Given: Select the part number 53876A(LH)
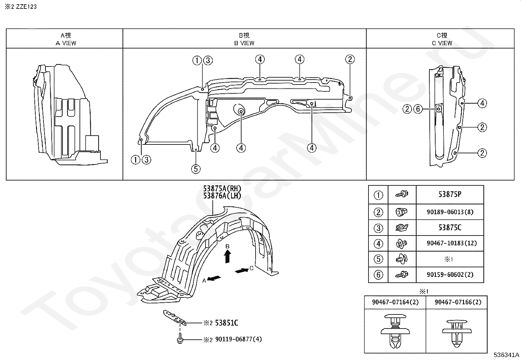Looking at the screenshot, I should pyautogui.click(x=222, y=196).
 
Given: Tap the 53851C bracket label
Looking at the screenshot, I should pyautogui.click(x=226, y=323).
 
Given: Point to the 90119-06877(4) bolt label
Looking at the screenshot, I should pyautogui.click(x=239, y=339).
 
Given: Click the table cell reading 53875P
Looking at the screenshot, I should pyautogui.click(x=450, y=194).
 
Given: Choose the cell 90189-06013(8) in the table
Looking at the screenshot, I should pyautogui.click(x=450, y=212).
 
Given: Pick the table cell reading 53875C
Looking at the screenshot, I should pyautogui.click(x=450, y=228).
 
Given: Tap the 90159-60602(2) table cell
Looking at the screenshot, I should pyautogui.click(x=450, y=275).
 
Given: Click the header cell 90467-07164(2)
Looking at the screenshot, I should pyautogui.click(x=395, y=302).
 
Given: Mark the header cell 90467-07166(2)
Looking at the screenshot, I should pyautogui.click(x=458, y=302).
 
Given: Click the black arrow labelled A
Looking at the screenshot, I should pyautogui.click(x=214, y=278).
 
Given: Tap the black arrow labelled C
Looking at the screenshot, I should pyautogui.click(x=242, y=271).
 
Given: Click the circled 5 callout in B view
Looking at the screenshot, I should pyautogui.click(x=195, y=169).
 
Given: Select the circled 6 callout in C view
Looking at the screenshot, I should pyautogui.click(x=418, y=109).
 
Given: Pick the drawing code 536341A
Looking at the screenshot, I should pyautogui.click(x=506, y=355).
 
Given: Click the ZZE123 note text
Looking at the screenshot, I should pyautogui.click(x=21, y=7).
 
